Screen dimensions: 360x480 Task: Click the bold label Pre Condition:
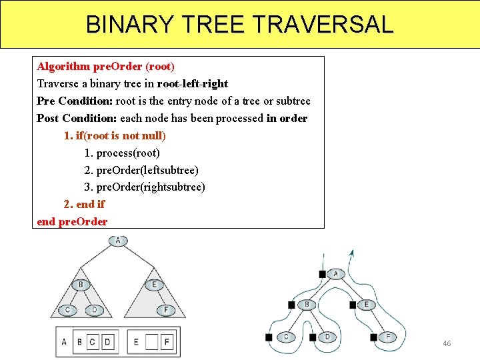(x=75, y=101)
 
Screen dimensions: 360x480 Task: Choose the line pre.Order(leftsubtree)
(x=141, y=170)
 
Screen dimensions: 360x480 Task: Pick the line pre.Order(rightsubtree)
(x=145, y=187)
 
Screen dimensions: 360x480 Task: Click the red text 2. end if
(x=84, y=205)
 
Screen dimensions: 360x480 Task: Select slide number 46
(x=447, y=343)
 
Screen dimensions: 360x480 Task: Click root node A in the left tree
(x=118, y=241)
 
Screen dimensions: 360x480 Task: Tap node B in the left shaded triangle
(x=81, y=285)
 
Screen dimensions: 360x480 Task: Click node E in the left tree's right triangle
(x=153, y=285)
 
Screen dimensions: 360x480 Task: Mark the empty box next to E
(x=151, y=343)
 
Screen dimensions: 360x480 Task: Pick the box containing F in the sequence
(x=167, y=343)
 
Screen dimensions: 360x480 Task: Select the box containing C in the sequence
(x=92, y=343)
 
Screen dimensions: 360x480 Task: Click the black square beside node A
(x=323, y=274)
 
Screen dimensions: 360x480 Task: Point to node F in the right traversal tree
(x=388, y=337)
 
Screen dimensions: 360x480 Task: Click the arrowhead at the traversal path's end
(x=323, y=255)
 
